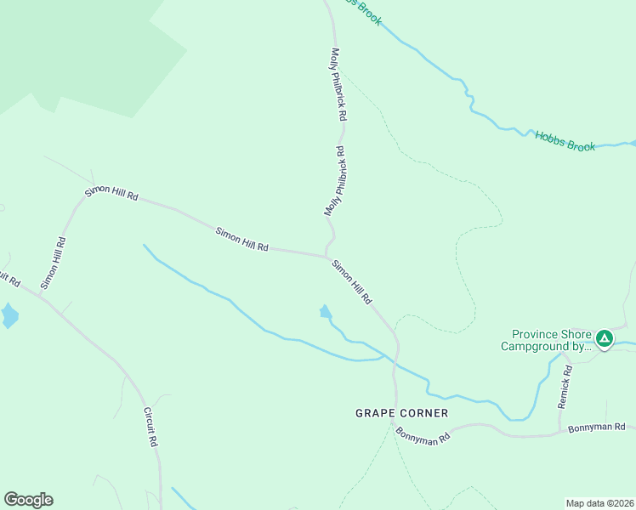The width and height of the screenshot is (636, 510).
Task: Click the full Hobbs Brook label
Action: point(565,141)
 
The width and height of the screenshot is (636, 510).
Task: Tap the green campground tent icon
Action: point(604,339)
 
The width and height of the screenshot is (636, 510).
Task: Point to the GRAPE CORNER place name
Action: point(401,413)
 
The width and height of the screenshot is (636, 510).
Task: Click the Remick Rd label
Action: point(565,388)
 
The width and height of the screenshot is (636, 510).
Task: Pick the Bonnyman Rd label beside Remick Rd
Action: point(597,427)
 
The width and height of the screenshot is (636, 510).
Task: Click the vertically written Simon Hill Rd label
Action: point(54,263)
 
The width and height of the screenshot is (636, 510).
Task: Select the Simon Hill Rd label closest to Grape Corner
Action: point(352,282)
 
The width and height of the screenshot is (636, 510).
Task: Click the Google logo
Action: point(28,500)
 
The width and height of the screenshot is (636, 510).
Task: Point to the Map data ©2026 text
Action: point(599,502)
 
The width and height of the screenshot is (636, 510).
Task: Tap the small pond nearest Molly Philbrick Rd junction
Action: point(325,312)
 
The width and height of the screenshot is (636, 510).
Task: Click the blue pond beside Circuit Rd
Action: point(9,315)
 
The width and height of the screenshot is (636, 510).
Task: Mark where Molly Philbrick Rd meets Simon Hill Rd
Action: point(326,255)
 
